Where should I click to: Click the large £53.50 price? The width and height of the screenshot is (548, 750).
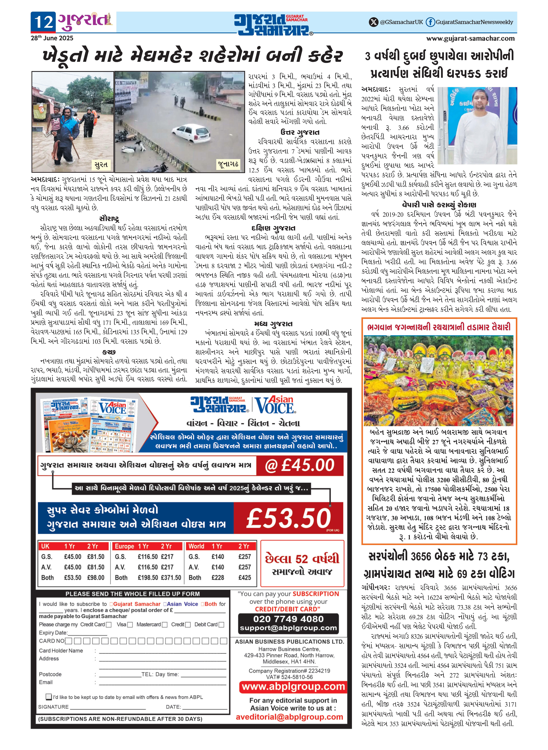click(289, 518)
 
